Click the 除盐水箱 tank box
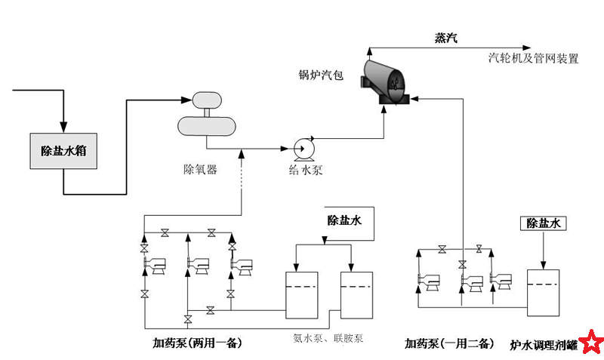(x=63, y=151)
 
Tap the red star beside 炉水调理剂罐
(x=591, y=344)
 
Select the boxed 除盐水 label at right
(x=546, y=223)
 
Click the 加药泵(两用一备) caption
(x=196, y=343)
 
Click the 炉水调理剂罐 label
(x=544, y=345)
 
